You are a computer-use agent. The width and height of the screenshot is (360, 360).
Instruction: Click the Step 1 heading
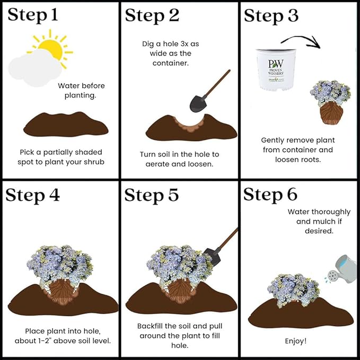coord(33,15)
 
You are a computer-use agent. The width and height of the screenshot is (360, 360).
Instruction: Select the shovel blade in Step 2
coord(198,103)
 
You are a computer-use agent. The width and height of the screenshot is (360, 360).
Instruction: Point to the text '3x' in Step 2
coord(185,43)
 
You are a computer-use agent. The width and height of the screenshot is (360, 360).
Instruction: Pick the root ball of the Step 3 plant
coord(331,113)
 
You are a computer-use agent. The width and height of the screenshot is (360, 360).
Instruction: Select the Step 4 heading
coord(32,195)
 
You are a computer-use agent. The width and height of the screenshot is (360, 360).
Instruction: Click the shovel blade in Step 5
coord(213,257)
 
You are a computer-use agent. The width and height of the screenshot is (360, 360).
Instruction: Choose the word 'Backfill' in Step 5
coord(150,326)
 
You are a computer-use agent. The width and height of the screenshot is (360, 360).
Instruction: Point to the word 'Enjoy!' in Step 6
coord(296,341)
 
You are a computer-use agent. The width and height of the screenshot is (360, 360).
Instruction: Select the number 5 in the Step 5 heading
coord(173,195)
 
